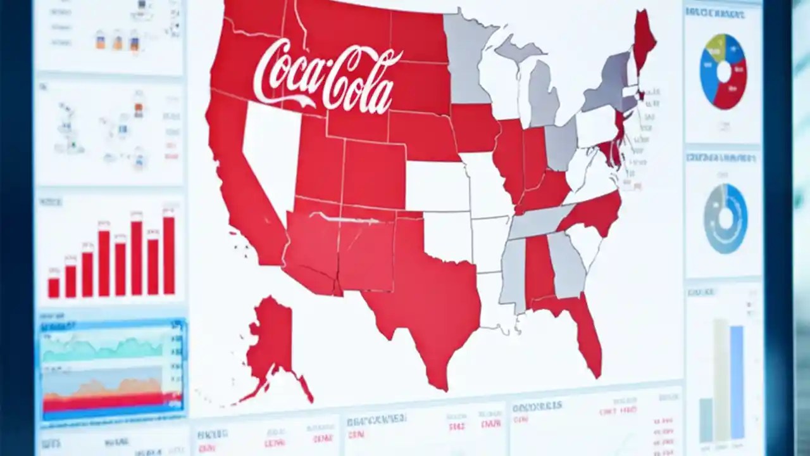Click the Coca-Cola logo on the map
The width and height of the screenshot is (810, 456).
click(x=327, y=76)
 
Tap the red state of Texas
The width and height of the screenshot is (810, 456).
click(x=430, y=304)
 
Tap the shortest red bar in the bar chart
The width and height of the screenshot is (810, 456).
click(x=54, y=288)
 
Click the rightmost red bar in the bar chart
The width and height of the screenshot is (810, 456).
click(x=169, y=256)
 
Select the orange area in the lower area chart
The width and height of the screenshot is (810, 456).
click(x=108, y=387)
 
